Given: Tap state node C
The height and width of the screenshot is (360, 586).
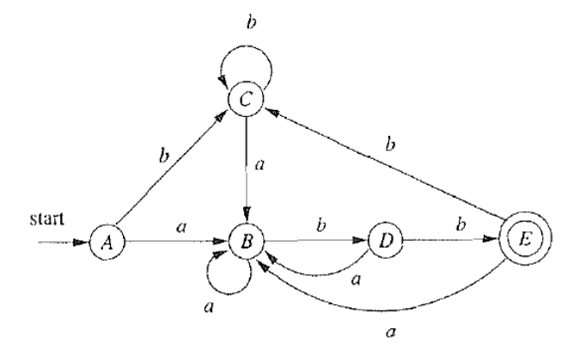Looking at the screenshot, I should [x=245, y=100].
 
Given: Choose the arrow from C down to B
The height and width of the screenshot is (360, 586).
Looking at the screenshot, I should [x=247, y=172].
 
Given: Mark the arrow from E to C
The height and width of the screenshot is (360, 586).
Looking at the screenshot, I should [x=387, y=172].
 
